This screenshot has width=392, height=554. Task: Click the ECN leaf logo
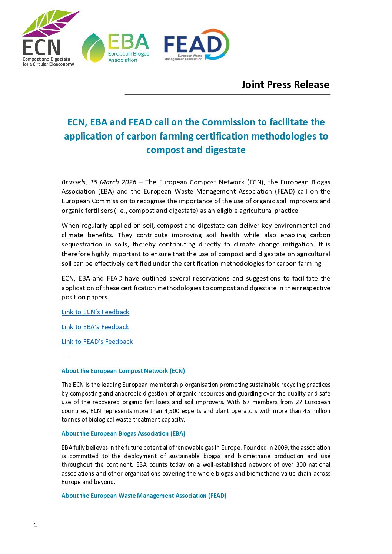[x=48, y=38]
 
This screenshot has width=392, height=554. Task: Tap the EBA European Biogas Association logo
[x=116, y=48]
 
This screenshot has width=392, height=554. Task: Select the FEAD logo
[x=196, y=45]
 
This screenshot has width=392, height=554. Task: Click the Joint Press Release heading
[x=285, y=85]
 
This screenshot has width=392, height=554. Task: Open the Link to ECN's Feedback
[x=95, y=312]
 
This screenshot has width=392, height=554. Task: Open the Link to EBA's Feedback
[x=95, y=327]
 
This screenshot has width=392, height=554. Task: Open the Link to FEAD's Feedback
[x=97, y=342]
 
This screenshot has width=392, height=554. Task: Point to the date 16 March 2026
[x=113, y=182]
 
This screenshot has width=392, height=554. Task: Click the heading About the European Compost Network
[x=123, y=371]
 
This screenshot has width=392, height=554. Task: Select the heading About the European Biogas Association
[x=123, y=433]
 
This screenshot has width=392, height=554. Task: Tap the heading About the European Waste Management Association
[x=144, y=496]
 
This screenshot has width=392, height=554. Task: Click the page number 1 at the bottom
[x=36, y=525]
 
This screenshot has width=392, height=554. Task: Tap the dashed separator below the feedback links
[x=66, y=356]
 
